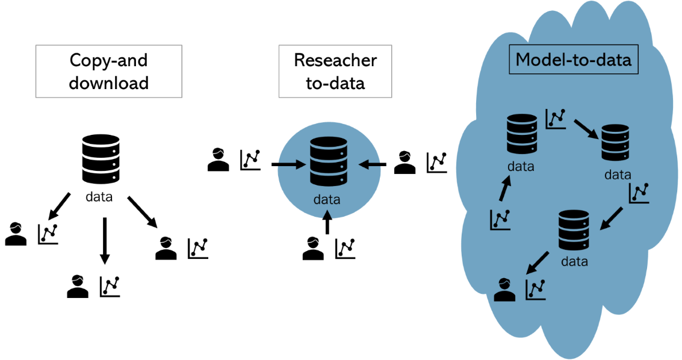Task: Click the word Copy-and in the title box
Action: (x=108, y=60)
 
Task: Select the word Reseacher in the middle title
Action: (x=335, y=60)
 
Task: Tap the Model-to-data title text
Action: (x=573, y=60)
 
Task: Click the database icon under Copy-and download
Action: (x=100, y=160)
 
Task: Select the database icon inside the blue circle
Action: (x=329, y=161)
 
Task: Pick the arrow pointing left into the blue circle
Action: (x=373, y=163)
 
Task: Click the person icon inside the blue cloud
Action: (x=505, y=290)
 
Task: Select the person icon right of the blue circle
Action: (x=405, y=163)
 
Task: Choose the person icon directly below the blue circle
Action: (x=313, y=249)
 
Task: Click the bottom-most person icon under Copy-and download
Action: (x=78, y=286)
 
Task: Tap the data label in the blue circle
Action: (x=327, y=199)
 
